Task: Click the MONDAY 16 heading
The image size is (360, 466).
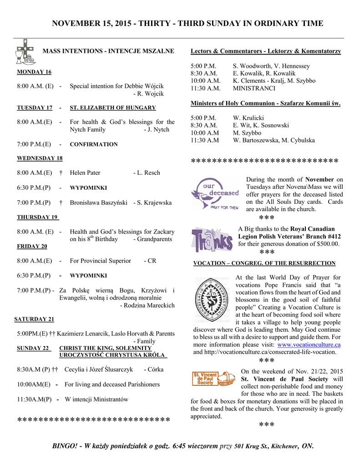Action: (x=34, y=72)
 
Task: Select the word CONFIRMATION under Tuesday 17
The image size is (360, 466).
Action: (x=94, y=144)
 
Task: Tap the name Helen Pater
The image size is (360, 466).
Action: (x=85, y=172)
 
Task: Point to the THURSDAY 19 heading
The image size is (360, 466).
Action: (x=38, y=217)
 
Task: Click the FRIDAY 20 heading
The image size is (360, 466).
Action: (x=32, y=246)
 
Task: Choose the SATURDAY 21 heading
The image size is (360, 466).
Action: (x=34, y=319)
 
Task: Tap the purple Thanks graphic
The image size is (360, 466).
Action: (x=212, y=239)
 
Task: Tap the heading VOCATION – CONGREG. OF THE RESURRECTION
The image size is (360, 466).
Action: (x=264, y=263)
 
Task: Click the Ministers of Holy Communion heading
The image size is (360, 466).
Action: (x=265, y=103)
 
